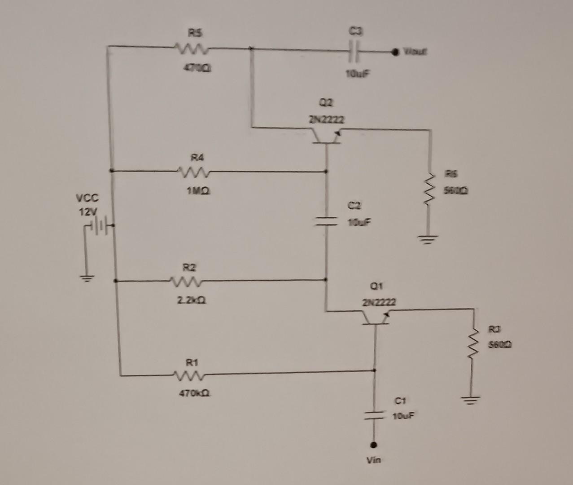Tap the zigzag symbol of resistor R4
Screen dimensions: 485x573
(191, 171)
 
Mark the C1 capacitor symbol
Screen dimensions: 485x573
(373, 415)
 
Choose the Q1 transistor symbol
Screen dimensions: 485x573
(375, 317)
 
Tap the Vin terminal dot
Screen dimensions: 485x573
(373, 445)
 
